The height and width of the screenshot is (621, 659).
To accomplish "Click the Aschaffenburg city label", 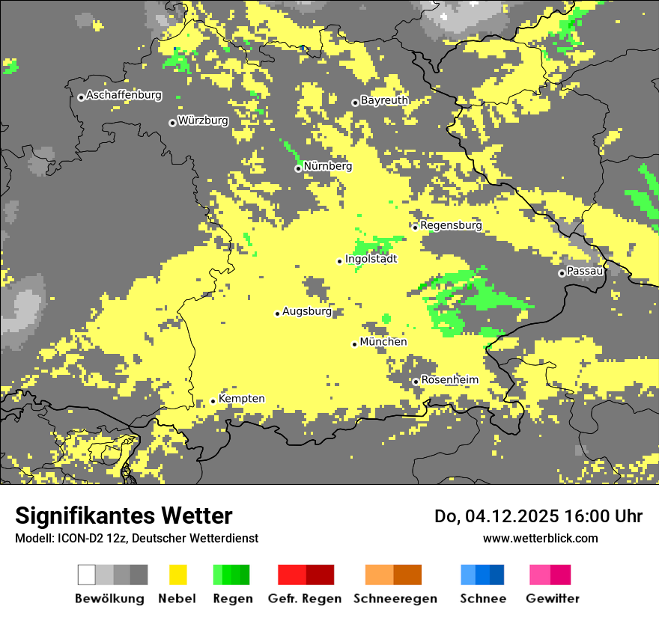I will [x=124, y=96].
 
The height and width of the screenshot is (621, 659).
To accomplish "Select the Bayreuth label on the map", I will [x=384, y=100].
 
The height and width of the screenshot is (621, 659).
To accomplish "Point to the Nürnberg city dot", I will [x=298, y=168].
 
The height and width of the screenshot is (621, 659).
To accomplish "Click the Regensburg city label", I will [x=451, y=225].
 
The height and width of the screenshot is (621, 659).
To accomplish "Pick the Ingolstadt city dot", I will [x=339, y=261].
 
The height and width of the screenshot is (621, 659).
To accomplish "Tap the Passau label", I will [x=585, y=271].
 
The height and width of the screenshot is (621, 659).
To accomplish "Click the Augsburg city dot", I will [x=277, y=313].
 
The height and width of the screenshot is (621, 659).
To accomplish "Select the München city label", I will [x=383, y=342].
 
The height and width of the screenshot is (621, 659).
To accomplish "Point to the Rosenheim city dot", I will [x=416, y=382].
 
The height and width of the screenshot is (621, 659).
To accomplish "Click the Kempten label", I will [x=241, y=399].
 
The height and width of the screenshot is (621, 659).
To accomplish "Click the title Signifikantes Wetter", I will [x=124, y=516].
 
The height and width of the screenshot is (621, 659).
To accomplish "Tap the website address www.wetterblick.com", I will [x=540, y=539].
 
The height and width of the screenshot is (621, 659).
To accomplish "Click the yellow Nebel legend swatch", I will [x=178, y=575].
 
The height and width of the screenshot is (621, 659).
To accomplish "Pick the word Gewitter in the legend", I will [x=552, y=599].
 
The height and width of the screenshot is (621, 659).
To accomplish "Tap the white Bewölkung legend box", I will [x=87, y=575].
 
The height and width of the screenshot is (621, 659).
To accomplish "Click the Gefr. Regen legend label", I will [x=304, y=599].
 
